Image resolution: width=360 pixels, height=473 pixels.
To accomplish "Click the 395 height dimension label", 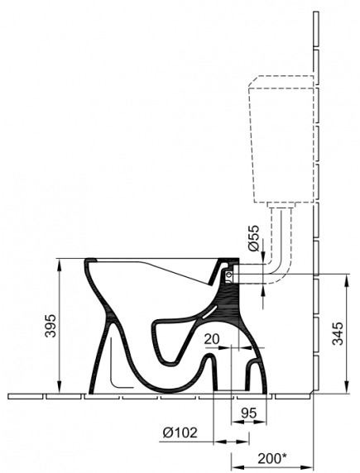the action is (x=50, y=326).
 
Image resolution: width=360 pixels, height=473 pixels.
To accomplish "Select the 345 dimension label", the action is (x=338, y=333).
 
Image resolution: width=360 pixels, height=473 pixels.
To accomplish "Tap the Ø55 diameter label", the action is (x=254, y=238).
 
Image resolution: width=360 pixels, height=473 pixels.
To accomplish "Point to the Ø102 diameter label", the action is (x=180, y=433).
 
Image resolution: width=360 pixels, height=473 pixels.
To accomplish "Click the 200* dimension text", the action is (x=271, y=459).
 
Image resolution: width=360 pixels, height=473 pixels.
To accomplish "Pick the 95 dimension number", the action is (x=249, y=413).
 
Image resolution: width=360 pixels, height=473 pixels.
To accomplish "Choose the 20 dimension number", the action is (x=212, y=339).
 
